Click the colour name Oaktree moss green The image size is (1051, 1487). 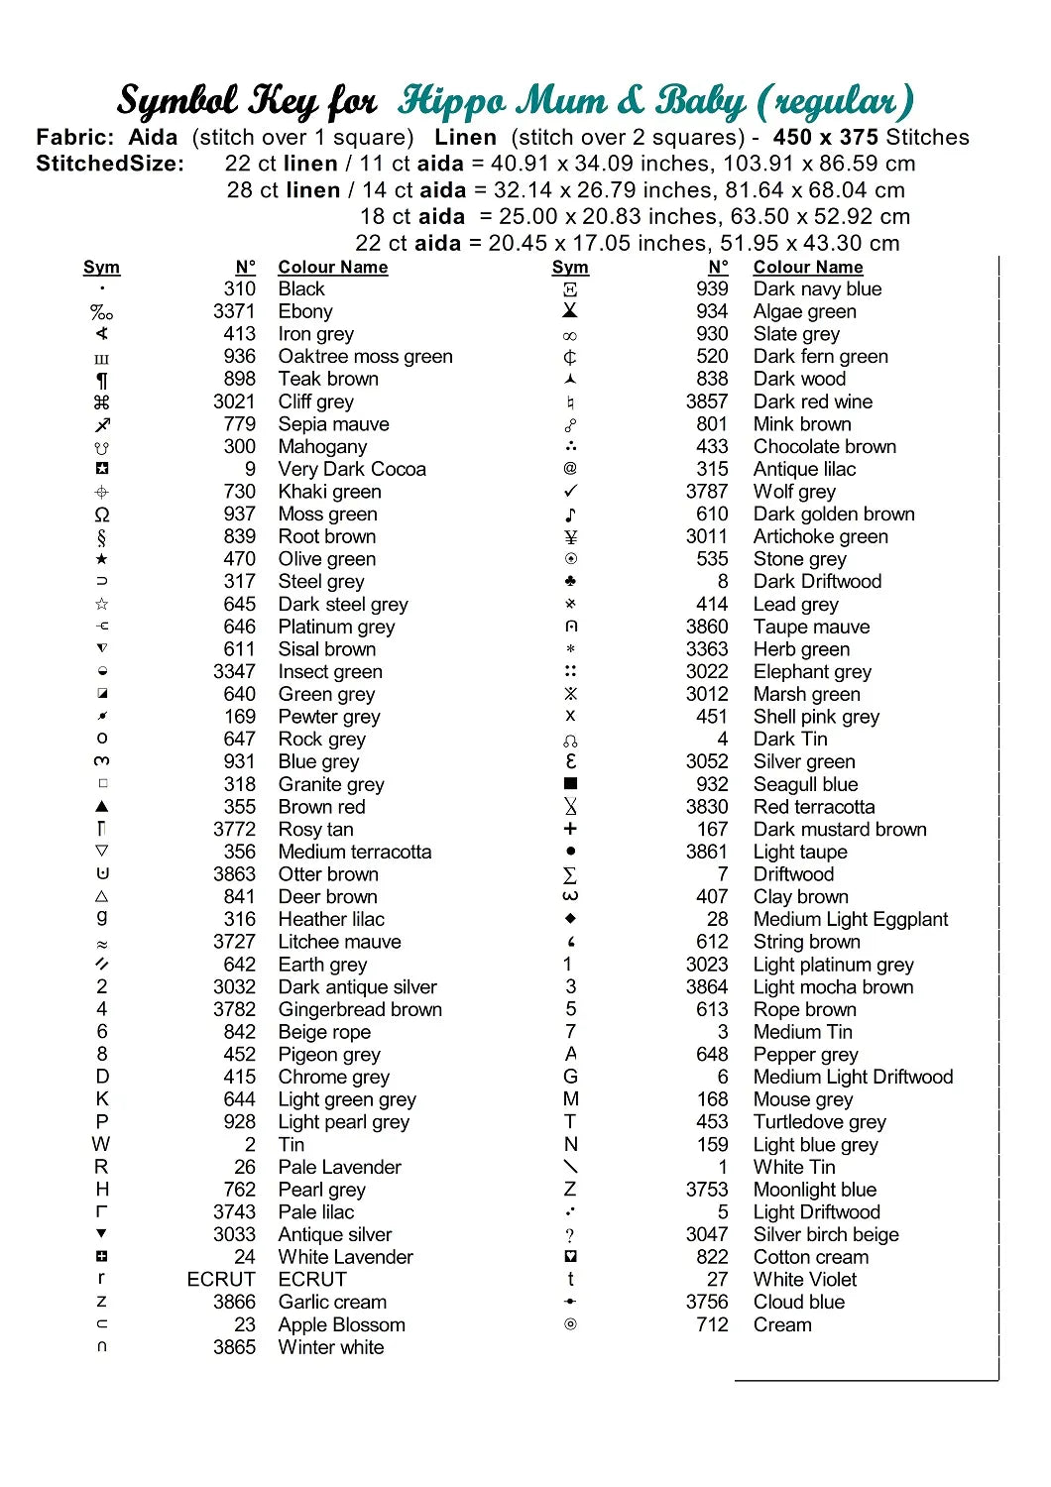click(365, 357)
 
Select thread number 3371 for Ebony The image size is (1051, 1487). click(234, 311)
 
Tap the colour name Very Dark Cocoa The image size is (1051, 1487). click(352, 469)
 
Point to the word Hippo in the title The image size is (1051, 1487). click(452, 101)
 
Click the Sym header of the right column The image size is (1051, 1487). click(570, 267)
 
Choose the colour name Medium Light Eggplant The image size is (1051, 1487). click(851, 919)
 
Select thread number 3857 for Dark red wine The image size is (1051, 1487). click(706, 401)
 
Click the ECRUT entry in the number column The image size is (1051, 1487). click(221, 1279)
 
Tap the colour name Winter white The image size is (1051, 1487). click(331, 1347)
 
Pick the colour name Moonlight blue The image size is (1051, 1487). click(815, 1190)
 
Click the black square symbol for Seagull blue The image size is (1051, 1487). click(570, 783)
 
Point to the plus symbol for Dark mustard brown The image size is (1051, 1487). click(570, 829)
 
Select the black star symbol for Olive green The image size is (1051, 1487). click(102, 559)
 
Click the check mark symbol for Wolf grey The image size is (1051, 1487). click(570, 491)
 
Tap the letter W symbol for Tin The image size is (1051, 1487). click(101, 1144)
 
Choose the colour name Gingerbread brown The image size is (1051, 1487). click(360, 1009)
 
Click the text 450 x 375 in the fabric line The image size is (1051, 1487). click(825, 138)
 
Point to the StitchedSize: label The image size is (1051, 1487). click(110, 164)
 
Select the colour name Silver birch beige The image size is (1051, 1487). click(826, 1234)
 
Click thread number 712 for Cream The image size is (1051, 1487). click(712, 1324)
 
